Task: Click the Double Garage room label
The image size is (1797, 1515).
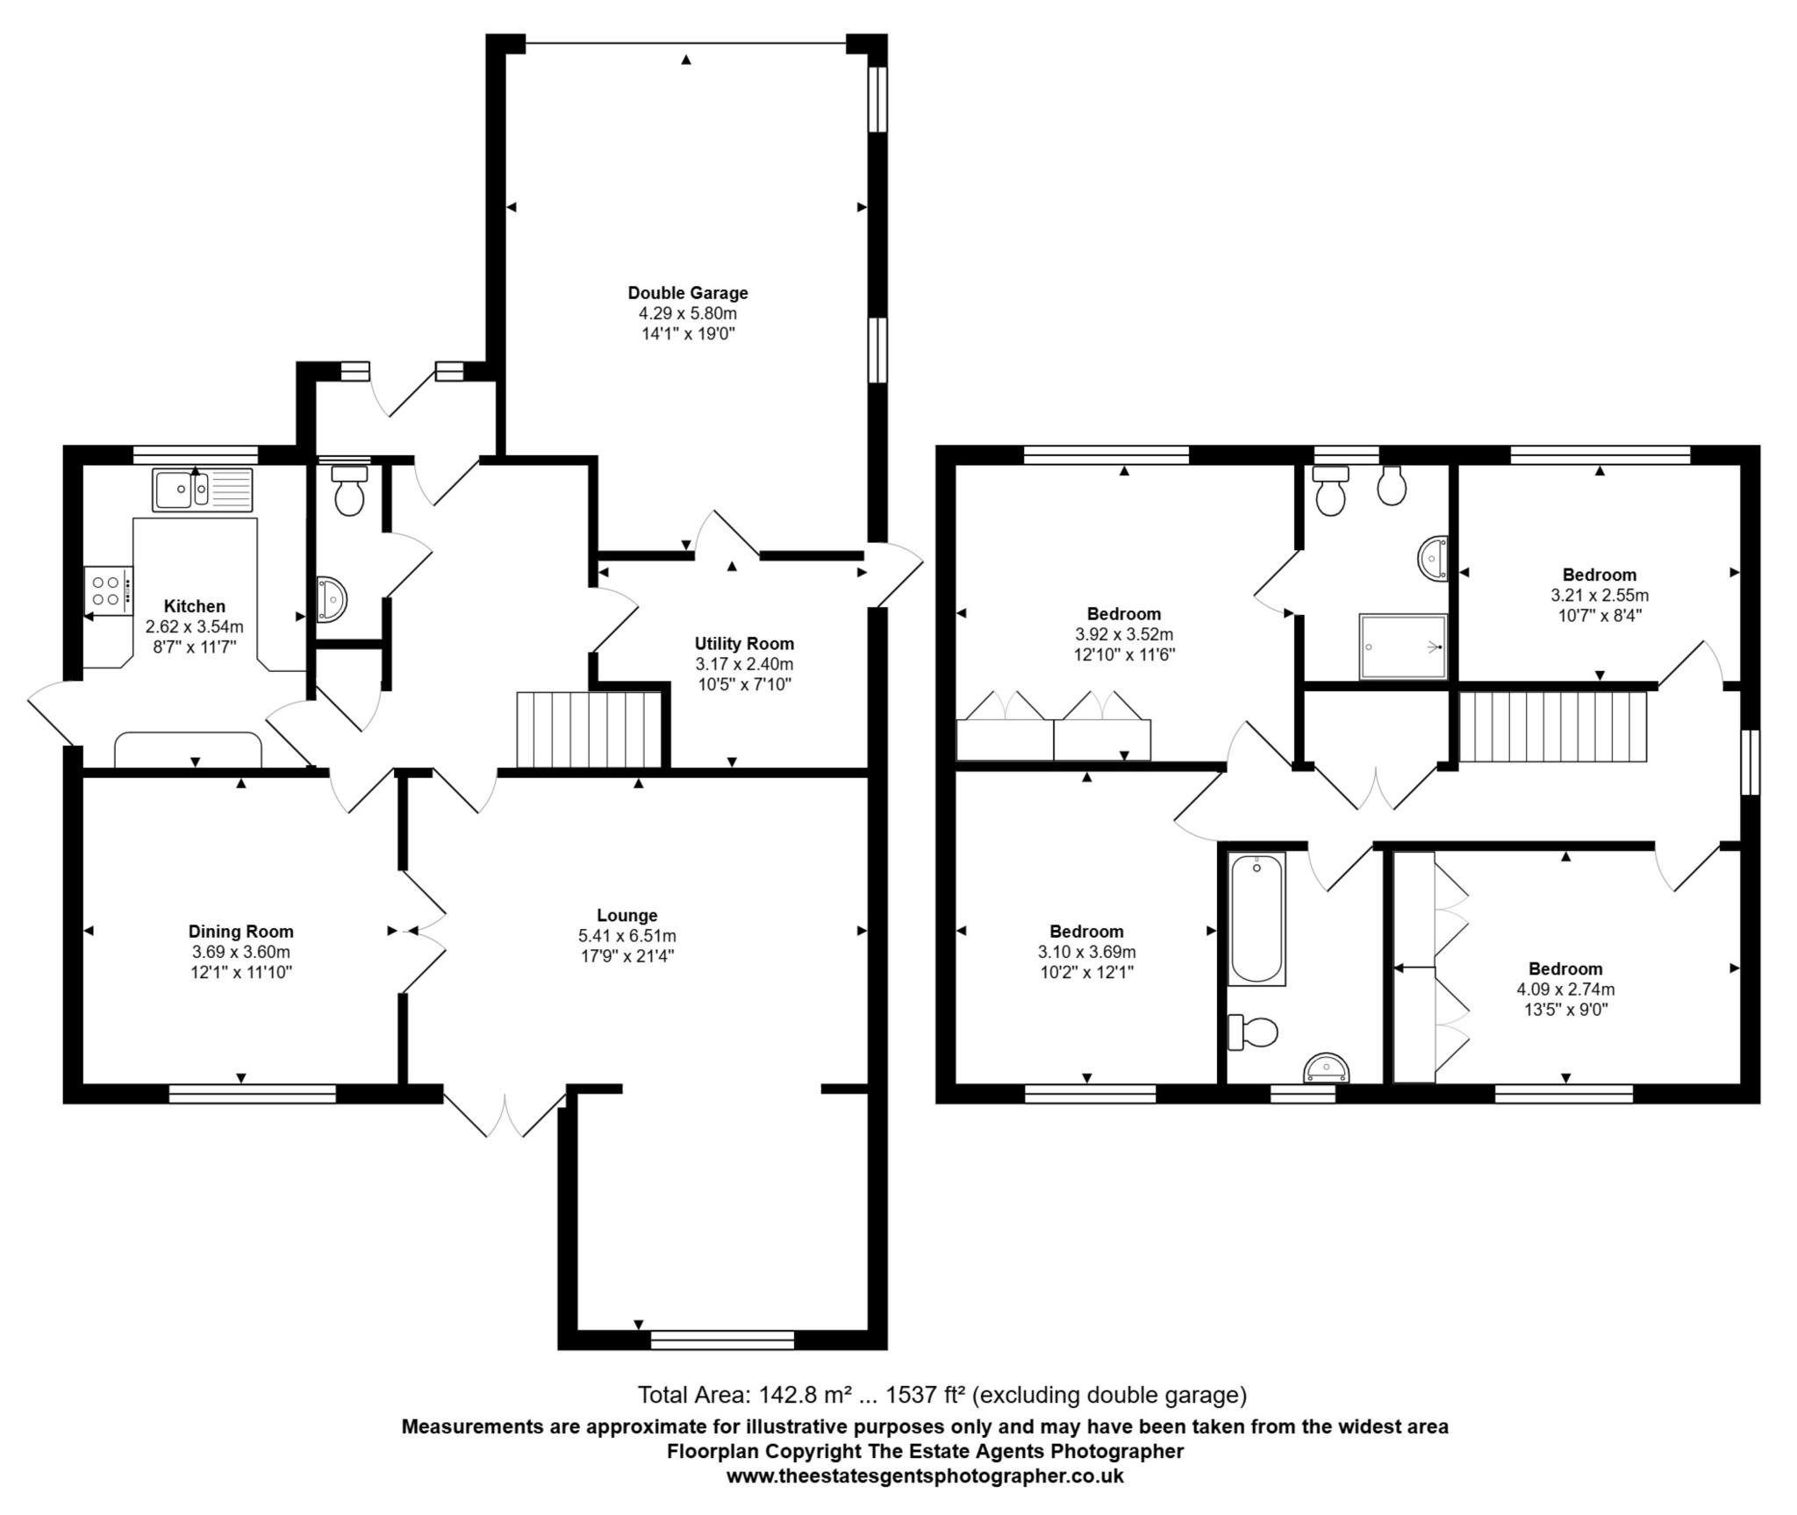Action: click(x=688, y=293)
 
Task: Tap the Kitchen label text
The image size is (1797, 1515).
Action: click(x=195, y=606)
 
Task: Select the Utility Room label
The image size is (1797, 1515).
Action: click(x=744, y=644)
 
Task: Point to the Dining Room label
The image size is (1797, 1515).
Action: click(x=241, y=932)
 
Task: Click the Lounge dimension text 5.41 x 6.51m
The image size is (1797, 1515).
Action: click(x=627, y=936)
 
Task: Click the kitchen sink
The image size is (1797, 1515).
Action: click(x=202, y=490)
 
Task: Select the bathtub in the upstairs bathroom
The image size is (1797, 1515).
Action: click(x=1256, y=918)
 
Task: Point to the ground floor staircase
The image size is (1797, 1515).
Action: click(x=589, y=729)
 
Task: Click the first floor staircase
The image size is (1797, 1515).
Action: click(x=1552, y=727)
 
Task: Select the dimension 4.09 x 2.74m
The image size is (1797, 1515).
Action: click(x=1565, y=990)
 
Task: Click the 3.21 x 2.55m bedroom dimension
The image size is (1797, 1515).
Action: click(x=1600, y=596)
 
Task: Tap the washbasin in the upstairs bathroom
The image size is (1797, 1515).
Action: click(x=1326, y=1068)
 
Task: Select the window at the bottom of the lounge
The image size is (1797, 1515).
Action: click(x=722, y=1340)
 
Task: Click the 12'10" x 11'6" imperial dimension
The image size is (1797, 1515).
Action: click(x=1124, y=654)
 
